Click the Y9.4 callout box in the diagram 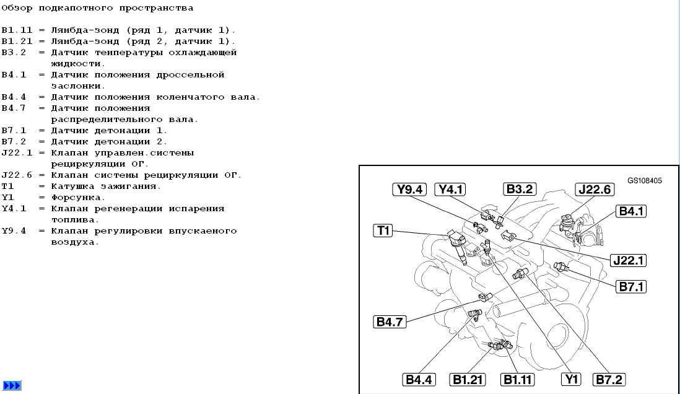pos(409,189)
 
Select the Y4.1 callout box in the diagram pos(450,189)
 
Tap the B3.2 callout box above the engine pos(520,189)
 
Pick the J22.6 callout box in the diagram pos(595,189)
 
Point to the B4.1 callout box pos(631,211)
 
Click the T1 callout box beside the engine pos(383,230)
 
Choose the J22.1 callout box pos(628,260)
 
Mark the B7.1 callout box pos(631,286)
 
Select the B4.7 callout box pos(390,322)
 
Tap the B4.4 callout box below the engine pos(419,380)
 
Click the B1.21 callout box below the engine pos(468,380)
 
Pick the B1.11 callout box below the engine pos(517,380)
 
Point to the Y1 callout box pos(571,379)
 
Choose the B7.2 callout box pos(609,380)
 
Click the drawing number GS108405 pos(645,180)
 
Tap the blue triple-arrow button pos(12,385)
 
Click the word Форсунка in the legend pos(76,198)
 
